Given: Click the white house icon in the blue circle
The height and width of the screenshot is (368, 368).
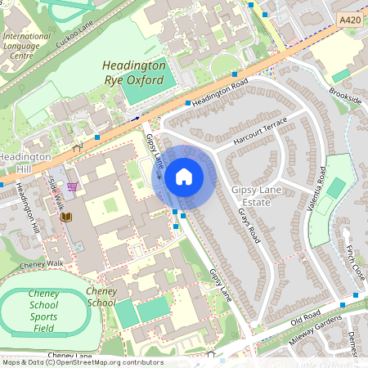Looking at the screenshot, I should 184,177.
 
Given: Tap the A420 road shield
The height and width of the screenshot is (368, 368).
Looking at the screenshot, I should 349,20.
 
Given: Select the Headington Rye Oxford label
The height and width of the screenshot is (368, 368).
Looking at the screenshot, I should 134,72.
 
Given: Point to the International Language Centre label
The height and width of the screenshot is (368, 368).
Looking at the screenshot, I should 26,47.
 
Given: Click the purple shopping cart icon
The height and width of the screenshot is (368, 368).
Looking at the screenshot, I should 72,186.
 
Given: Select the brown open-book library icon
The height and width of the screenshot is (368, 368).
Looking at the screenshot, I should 66,218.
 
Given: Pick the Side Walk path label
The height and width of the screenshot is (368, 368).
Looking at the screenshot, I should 56,191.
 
